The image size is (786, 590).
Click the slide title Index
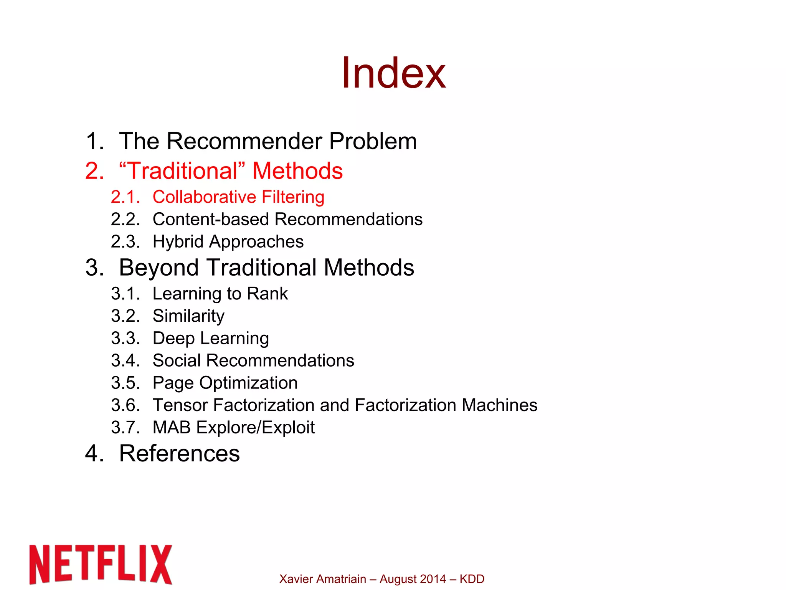(x=393, y=73)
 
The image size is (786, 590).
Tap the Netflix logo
(x=101, y=564)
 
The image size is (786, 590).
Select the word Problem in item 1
(x=373, y=141)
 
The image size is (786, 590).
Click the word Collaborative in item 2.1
(x=204, y=197)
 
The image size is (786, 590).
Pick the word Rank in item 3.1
(x=267, y=294)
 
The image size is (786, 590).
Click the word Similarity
(x=188, y=316)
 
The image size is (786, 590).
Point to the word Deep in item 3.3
(x=173, y=338)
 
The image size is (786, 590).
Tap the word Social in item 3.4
(x=177, y=360)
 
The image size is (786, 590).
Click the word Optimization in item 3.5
(x=248, y=383)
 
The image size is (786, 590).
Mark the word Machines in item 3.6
(x=499, y=405)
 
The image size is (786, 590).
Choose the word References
(x=179, y=453)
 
